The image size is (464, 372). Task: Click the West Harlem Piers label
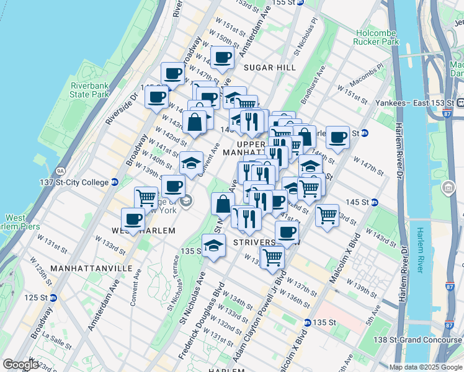16,222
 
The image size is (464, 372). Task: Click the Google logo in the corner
20,365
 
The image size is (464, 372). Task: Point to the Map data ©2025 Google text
426,367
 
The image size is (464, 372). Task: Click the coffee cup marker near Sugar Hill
222,58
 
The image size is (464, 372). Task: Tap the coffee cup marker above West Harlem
133,218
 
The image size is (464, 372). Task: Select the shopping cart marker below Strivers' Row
272,256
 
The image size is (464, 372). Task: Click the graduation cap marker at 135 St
213,245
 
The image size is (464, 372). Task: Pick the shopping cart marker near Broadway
146,197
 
